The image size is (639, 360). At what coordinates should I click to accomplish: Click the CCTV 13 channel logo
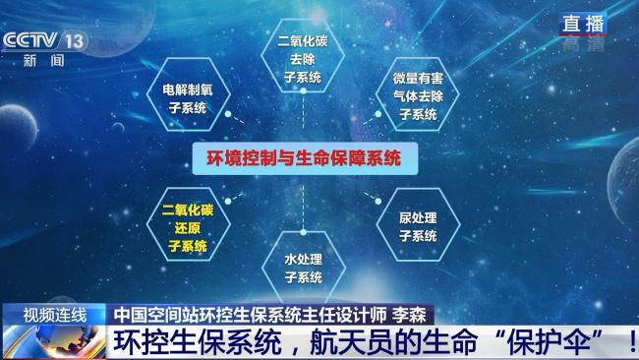[x=45, y=40]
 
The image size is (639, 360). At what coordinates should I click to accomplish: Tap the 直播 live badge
[x=583, y=23]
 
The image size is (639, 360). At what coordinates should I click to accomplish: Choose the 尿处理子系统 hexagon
[x=418, y=226]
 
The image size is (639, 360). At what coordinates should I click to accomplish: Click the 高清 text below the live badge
[x=583, y=43]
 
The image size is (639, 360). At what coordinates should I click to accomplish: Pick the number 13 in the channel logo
[x=75, y=40]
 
